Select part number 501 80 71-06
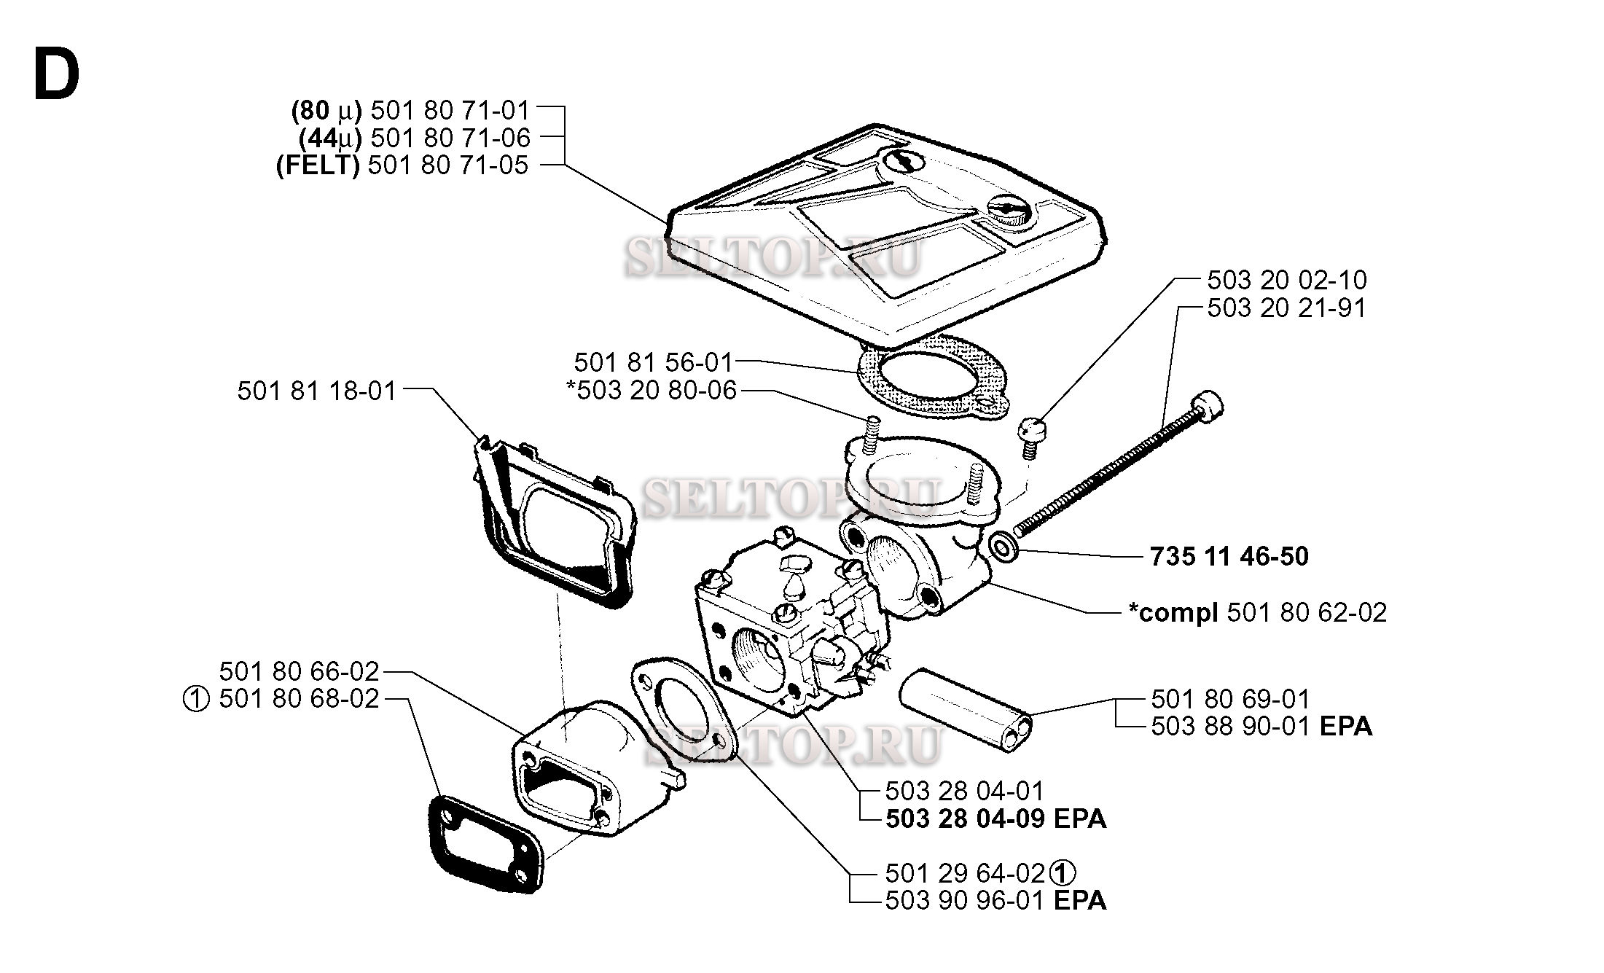coord(450,138)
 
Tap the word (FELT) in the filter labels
coord(318,165)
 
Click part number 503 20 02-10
coord(1287,280)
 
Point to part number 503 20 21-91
coord(1286,308)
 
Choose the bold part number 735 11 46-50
coord(1229,557)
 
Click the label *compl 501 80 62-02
coord(1257,612)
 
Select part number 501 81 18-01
coord(317,391)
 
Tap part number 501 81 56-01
coord(653,362)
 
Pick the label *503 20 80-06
coord(652,391)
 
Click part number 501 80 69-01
coord(1230,699)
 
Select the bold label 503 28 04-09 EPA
coord(995,818)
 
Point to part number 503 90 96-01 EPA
coord(995,901)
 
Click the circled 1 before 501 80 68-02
coord(196,700)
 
